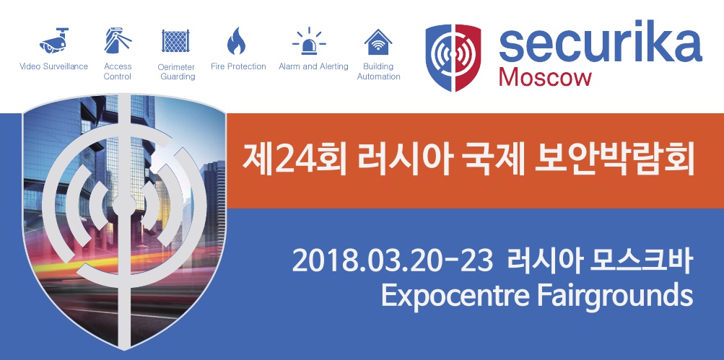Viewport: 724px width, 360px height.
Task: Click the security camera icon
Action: [54, 40]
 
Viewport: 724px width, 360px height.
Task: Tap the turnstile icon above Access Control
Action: [117, 40]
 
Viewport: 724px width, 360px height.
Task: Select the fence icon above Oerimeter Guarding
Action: [176, 40]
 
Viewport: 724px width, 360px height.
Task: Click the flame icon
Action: [237, 40]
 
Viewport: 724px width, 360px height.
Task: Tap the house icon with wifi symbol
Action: [378, 42]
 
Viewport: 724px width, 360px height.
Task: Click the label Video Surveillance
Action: [53, 66]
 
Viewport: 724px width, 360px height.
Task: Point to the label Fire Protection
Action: [238, 66]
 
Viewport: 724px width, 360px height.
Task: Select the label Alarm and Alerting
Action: [313, 66]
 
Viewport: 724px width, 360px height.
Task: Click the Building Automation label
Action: [379, 71]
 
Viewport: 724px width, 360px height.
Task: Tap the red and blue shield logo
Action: [453, 57]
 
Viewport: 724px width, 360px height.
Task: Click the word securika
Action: [601, 42]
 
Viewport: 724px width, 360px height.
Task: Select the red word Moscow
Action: [545, 77]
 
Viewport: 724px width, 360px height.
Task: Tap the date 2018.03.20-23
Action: [391, 262]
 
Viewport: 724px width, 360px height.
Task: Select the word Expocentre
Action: [454, 297]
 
